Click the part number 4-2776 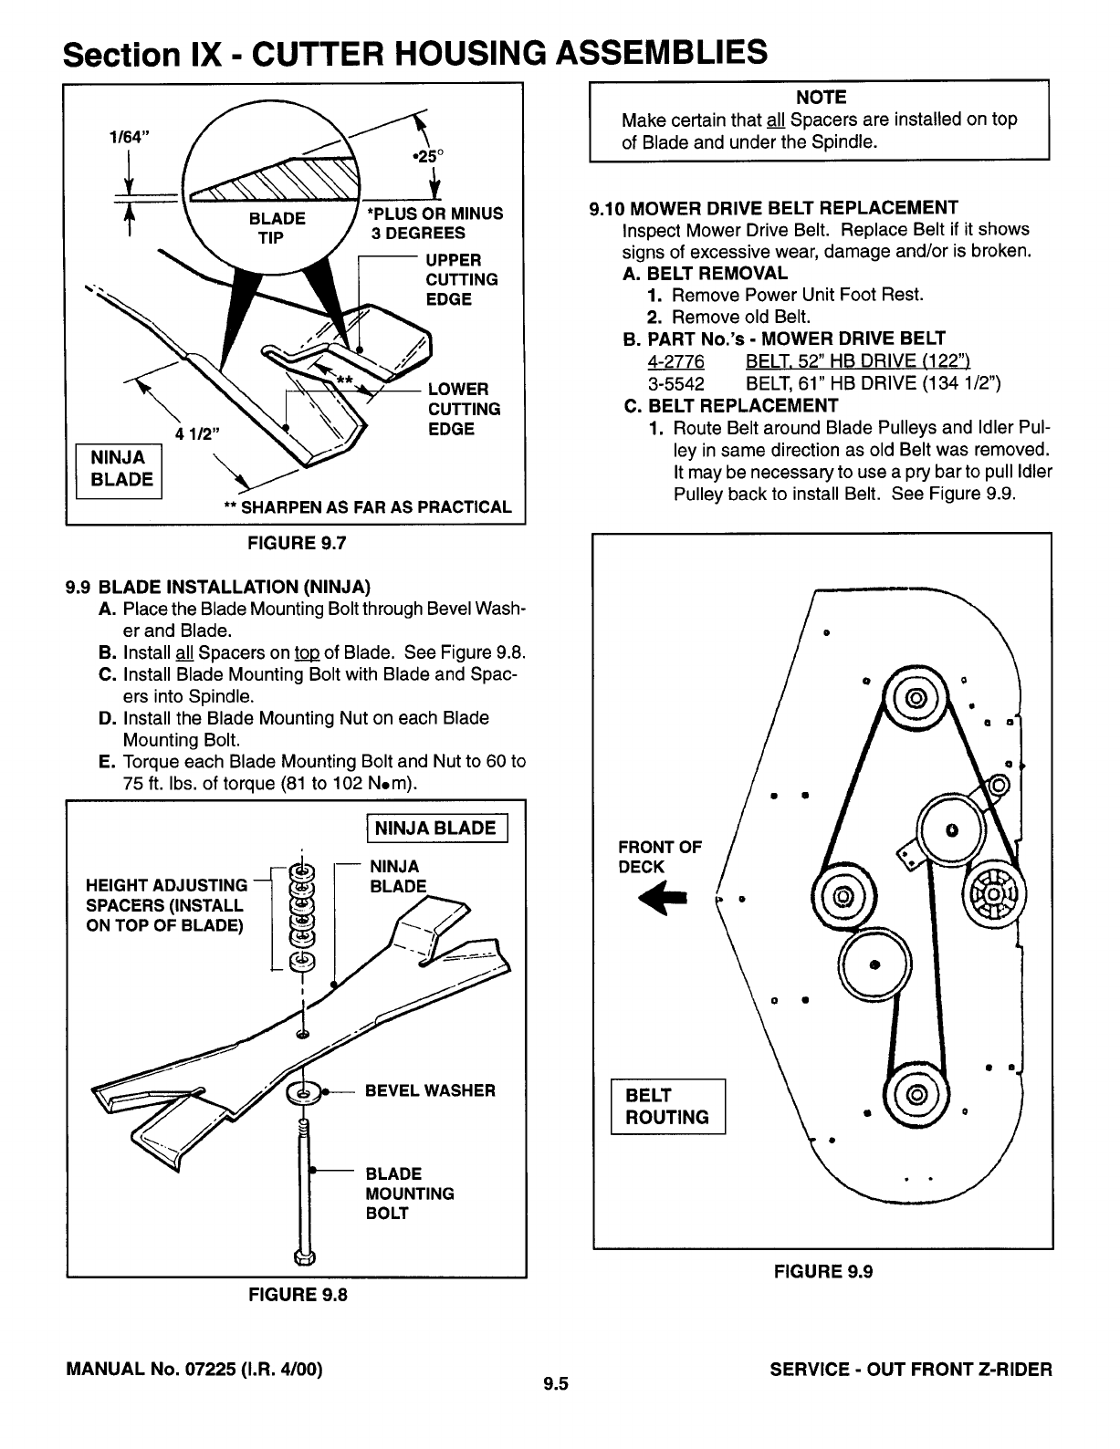coord(675,361)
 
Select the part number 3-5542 coord(675,383)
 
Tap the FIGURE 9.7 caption coord(296,544)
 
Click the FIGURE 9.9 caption coord(823,1271)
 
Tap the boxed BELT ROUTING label coord(667,1106)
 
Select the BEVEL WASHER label coord(430,1090)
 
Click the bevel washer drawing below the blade coord(303,1092)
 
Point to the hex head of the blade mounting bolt coord(304,1258)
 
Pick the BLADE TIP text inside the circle coord(277,228)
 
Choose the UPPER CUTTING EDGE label coord(462,279)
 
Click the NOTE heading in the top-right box coord(821,98)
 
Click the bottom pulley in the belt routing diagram coord(916,1094)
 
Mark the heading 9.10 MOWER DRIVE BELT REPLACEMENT coord(774,208)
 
